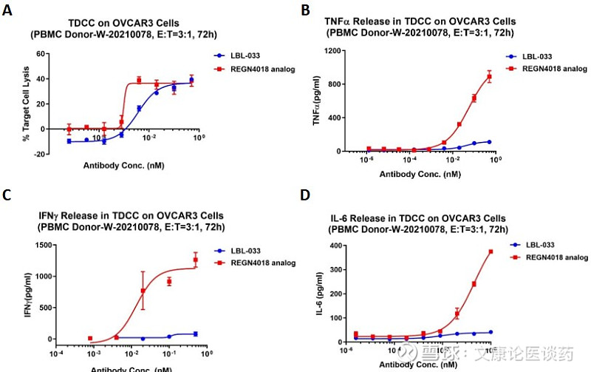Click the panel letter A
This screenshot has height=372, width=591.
coord(7,10)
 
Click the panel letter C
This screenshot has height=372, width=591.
coord(7,195)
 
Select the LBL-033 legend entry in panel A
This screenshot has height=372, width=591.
coord(234,55)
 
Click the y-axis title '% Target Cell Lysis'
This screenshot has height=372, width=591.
coord(26,104)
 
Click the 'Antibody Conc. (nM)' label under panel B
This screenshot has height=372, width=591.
coord(421,175)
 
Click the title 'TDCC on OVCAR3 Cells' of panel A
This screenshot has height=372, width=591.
coord(131,23)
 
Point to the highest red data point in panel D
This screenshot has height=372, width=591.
coord(490,251)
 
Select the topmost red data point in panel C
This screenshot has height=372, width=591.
coord(196,260)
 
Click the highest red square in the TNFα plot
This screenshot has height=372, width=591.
coord(489,77)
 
